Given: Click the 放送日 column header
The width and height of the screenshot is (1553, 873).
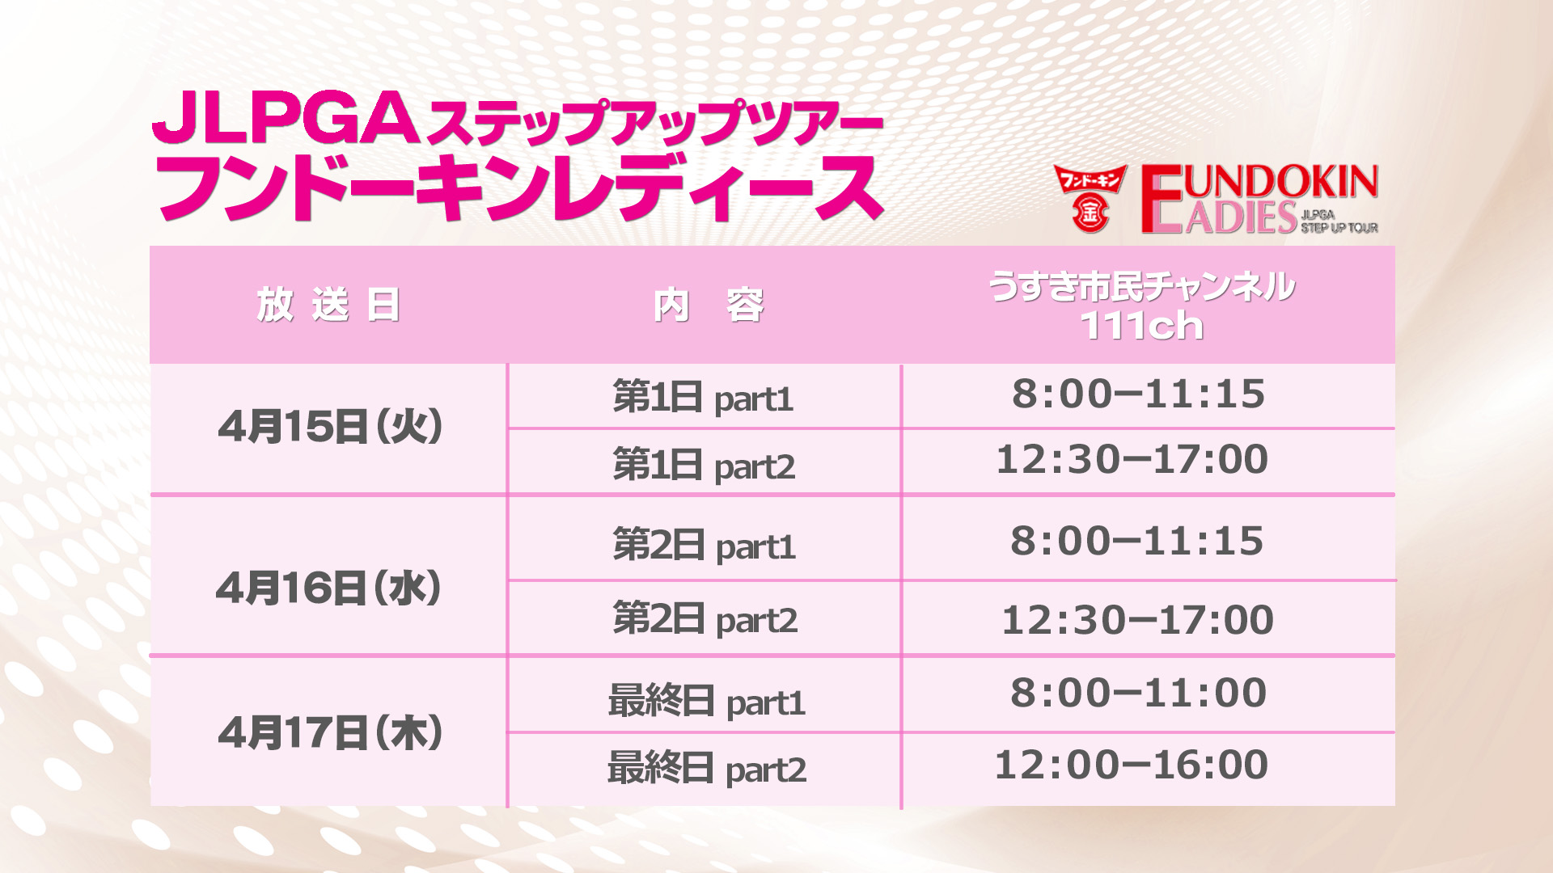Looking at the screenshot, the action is tap(328, 306).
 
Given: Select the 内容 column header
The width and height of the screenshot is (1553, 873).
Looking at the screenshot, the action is tap(709, 306).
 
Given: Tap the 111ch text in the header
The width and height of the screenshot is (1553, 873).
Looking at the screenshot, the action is tap(1141, 326).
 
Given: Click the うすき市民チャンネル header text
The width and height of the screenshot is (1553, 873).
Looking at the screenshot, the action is tap(1141, 286).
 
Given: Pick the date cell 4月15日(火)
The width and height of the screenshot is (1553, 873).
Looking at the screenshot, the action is tap(330, 426).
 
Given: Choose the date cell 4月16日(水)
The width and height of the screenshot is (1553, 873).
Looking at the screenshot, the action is tap(328, 588).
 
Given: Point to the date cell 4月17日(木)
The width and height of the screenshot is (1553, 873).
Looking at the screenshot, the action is tap(330, 732).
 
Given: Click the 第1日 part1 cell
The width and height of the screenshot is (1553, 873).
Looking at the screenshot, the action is tap(703, 397).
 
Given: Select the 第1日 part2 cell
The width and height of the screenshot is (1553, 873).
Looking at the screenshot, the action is tap(704, 465).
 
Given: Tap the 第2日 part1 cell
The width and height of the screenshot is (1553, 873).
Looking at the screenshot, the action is tap(705, 545).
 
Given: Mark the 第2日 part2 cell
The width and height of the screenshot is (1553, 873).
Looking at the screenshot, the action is tap(705, 618).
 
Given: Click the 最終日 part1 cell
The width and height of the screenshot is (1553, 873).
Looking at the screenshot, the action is tap(707, 701).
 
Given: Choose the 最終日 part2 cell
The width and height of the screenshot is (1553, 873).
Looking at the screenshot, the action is tap(707, 768).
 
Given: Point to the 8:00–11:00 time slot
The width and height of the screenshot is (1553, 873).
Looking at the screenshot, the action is tap(1138, 693).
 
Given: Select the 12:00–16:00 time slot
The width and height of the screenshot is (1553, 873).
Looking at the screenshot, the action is tap(1131, 765).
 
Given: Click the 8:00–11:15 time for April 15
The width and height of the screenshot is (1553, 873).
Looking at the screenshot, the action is tap(1138, 394).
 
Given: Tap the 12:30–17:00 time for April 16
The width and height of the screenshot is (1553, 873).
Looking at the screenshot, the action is tap(1137, 620).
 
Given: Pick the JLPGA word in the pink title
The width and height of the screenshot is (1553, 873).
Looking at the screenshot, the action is tap(286, 117).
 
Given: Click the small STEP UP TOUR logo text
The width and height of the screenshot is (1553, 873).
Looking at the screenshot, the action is tap(1339, 228).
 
